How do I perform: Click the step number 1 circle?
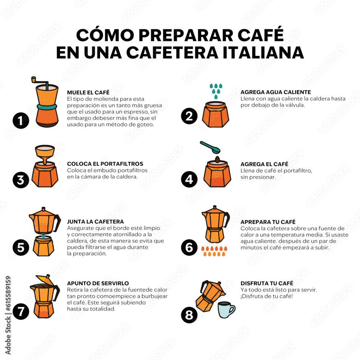(x=21, y=121)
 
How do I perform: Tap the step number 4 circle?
(x=189, y=179)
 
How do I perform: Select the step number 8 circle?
(x=189, y=315)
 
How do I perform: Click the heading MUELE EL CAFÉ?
(x=88, y=92)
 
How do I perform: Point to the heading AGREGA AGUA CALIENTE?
(x=275, y=92)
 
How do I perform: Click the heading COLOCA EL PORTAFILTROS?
(x=105, y=164)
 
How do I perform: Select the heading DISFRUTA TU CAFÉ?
(x=267, y=283)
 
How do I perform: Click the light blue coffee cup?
(x=226, y=310)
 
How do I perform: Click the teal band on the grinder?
(x=47, y=107)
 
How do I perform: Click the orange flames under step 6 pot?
(x=214, y=251)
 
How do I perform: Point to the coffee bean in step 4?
(x=217, y=159)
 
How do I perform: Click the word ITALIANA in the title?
(x=263, y=53)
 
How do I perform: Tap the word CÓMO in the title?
(x=105, y=35)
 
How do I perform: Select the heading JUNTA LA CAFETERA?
(x=95, y=221)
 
